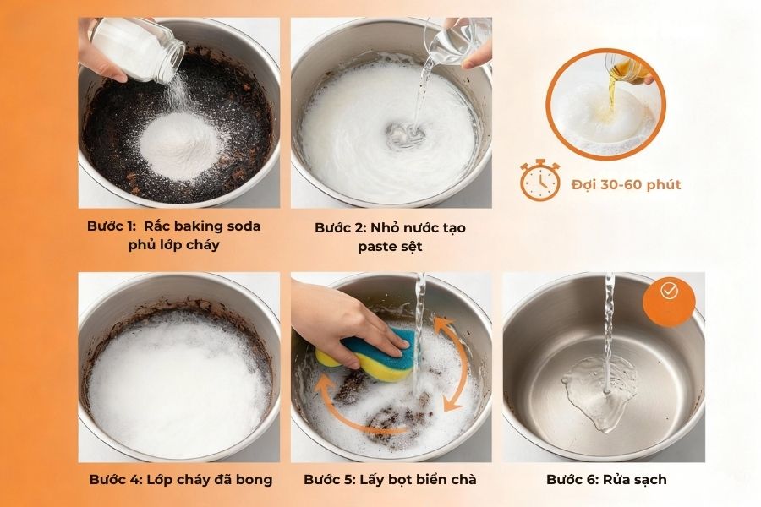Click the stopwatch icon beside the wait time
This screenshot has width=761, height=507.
539,181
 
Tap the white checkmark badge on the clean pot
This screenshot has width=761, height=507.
669,292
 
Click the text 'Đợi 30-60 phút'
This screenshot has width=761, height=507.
626,184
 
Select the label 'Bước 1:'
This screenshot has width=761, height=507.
112,226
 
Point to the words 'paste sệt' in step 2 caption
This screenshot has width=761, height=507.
390,246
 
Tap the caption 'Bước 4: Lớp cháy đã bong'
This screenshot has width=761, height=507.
180,479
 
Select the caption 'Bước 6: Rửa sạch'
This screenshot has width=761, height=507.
606,479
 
